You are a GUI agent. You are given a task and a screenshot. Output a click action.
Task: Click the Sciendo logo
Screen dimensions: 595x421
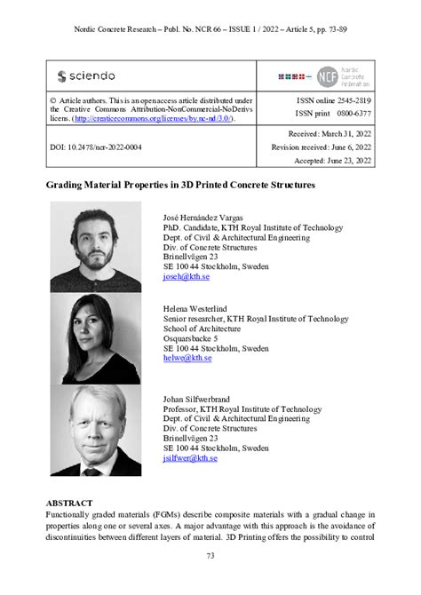[85, 76]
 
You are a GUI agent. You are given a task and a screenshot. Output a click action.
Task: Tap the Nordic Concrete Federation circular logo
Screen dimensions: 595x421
[327, 76]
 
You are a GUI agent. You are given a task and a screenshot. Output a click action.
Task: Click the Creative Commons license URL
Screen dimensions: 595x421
[154, 117]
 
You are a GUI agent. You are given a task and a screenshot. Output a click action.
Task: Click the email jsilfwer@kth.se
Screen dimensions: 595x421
[190, 458]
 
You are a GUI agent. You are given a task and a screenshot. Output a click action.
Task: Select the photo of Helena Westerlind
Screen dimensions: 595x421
[95, 338]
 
